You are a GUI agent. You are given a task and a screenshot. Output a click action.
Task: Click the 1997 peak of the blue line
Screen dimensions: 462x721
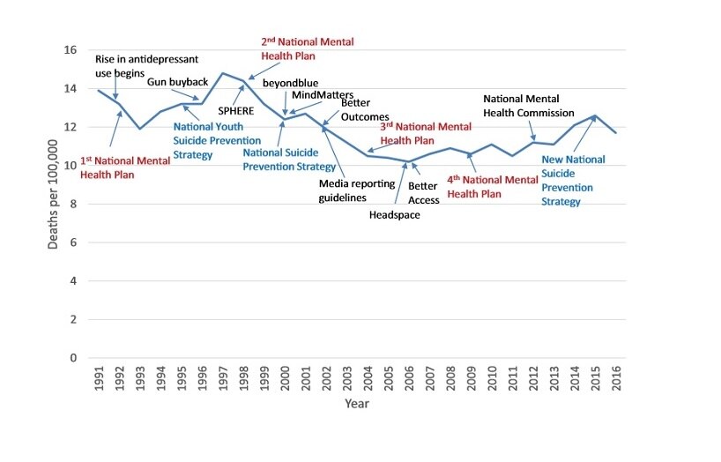coord(224,73)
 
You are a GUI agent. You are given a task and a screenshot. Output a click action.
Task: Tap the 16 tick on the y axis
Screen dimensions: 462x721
coord(70,50)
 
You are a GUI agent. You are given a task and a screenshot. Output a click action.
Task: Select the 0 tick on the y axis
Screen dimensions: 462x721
coord(73,358)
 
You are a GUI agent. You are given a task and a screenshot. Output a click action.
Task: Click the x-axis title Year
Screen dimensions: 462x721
coord(356,404)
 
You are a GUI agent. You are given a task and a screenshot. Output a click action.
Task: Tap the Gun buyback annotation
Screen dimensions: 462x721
coord(177,82)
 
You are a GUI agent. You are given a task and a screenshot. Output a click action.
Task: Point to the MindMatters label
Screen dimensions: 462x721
coord(323,94)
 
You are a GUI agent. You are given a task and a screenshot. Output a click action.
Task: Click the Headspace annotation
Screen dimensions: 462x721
coord(395,214)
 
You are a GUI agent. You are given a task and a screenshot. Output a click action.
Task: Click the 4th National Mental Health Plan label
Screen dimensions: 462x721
coord(492,186)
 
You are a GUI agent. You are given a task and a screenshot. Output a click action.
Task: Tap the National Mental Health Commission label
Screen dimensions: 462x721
coord(528,106)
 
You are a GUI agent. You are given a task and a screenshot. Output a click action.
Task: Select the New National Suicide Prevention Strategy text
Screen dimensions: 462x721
coord(573,180)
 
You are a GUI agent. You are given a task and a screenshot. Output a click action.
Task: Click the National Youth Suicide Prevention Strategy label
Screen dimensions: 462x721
coord(217,140)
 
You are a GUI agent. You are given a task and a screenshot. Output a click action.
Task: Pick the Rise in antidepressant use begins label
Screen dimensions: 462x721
coord(146,65)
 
